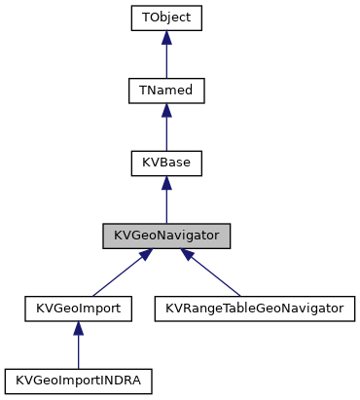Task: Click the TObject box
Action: tap(166, 18)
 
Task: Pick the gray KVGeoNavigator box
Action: tap(166, 236)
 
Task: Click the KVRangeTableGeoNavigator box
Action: tap(254, 309)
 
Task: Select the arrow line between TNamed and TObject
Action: tap(166, 60)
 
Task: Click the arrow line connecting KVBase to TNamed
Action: tap(166, 132)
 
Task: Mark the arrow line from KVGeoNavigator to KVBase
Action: tap(166, 204)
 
